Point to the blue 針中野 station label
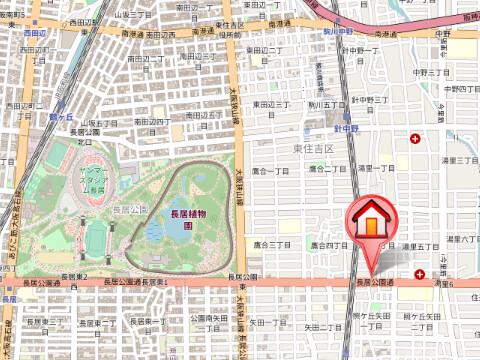(x=345, y=128)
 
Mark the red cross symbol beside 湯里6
(x=420, y=272)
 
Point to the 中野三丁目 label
(x=434, y=72)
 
